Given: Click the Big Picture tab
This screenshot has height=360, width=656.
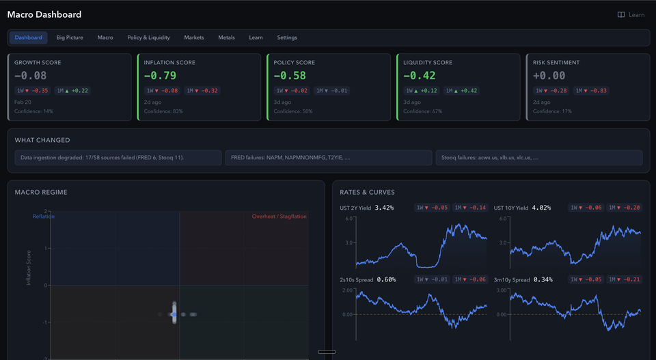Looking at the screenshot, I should point(70,38).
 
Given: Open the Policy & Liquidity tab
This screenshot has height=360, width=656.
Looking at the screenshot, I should point(148,38).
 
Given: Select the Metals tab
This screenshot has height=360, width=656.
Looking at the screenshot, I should point(226,38).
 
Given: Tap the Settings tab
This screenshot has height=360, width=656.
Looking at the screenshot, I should point(287,38).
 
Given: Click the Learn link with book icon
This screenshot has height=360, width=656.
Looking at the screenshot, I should point(631,14).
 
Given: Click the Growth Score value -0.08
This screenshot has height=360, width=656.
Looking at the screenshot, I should point(31,76).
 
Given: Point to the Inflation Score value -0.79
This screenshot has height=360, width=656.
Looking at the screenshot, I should point(161,76).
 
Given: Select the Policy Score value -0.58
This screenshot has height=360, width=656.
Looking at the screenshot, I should point(290,76).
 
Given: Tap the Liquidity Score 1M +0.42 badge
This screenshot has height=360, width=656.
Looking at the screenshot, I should point(462,90).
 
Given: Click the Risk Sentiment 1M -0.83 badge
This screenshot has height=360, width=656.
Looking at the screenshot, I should point(591,90).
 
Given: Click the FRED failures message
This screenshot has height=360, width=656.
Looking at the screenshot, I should point(328,158).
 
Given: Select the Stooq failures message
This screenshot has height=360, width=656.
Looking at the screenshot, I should point(538,158).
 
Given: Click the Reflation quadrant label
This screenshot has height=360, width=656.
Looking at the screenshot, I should point(44,217).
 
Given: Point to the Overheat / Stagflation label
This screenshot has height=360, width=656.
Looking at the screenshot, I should point(279,217).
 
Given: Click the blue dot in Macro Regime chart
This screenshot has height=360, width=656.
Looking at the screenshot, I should point(174,314).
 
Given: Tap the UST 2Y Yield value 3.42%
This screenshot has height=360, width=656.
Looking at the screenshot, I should point(385,208).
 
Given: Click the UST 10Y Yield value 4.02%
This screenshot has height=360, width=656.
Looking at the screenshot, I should point(541,208).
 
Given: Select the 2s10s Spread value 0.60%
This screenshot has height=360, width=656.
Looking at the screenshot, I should point(386,279).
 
